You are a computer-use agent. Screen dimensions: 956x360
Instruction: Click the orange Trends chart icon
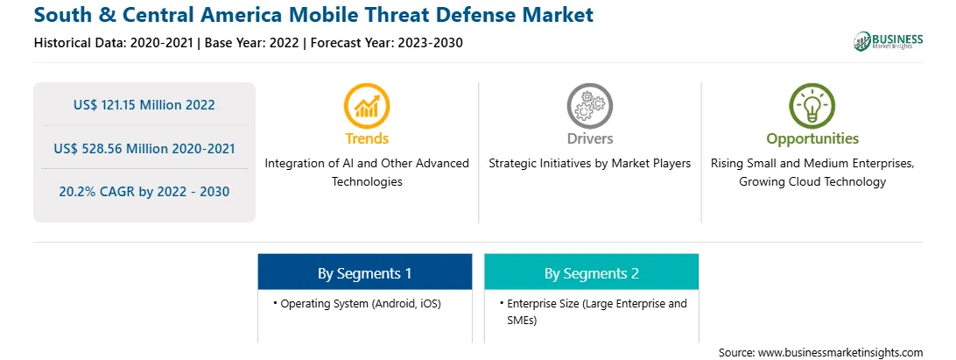367,106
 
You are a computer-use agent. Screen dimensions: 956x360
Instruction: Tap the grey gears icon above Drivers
589,106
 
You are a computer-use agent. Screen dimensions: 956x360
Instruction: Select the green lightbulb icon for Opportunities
812,106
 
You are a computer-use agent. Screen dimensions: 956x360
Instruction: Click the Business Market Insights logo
888,41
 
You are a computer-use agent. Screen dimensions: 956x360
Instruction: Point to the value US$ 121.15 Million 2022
144,105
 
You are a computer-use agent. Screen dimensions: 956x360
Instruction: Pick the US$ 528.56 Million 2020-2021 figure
144,148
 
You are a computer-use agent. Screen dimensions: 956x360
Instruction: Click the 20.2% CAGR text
144,192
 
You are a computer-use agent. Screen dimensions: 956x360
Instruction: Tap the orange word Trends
367,138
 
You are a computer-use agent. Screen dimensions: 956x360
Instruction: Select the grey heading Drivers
589,138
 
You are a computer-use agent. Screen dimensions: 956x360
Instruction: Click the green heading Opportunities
812,138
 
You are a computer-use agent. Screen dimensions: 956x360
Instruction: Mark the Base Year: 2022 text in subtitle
252,43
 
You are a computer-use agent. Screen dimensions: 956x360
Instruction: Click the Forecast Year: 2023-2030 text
385,43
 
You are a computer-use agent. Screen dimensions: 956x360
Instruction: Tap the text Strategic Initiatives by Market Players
589,164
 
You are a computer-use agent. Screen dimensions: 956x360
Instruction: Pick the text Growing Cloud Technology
812,182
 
